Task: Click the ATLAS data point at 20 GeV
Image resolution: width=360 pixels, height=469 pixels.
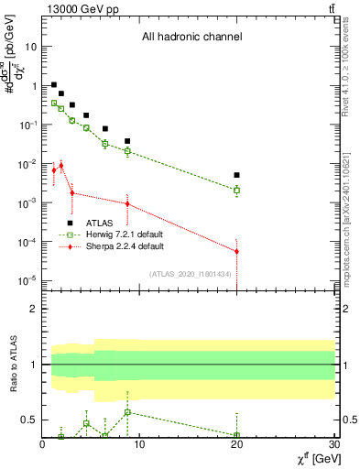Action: [237, 175]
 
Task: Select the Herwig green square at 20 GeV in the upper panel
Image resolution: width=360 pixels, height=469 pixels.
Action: [237, 191]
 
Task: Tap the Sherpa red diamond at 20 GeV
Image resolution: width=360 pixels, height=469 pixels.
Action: [237, 251]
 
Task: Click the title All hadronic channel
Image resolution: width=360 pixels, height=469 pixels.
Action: [191, 38]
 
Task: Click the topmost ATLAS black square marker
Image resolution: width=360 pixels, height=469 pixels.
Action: [53, 84]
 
